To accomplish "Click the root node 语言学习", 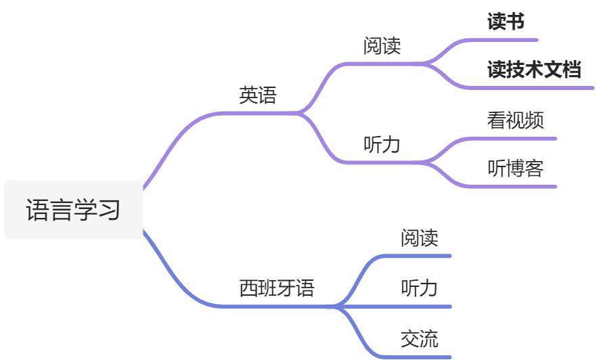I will pyautogui.click(x=74, y=210).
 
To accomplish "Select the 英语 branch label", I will pyautogui.click(x=258, y=95).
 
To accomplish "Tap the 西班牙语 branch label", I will pyautogui.click(x=277, y=289).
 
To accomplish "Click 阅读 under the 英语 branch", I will pyautogui.click(x=382, y=46).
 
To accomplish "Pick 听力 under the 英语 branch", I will pyautogui.click(x=382, y=145).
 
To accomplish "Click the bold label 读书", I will pyautogui.click(x=506, y=22).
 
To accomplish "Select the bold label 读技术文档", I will pyautogui.click(x=534, y=70).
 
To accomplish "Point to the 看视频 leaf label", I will pyautogui.click(x=515, y=120).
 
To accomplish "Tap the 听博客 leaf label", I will pyautogui.click(x=515, y=168).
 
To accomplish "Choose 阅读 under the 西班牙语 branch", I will pyautogui.click(x=419, y=238).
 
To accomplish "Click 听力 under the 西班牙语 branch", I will pyautogui.click(x=419, y=288).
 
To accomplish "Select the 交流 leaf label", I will pyautogui.click(x=419, y=338).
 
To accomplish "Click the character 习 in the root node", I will pyautogui.click(x=108, y=210).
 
